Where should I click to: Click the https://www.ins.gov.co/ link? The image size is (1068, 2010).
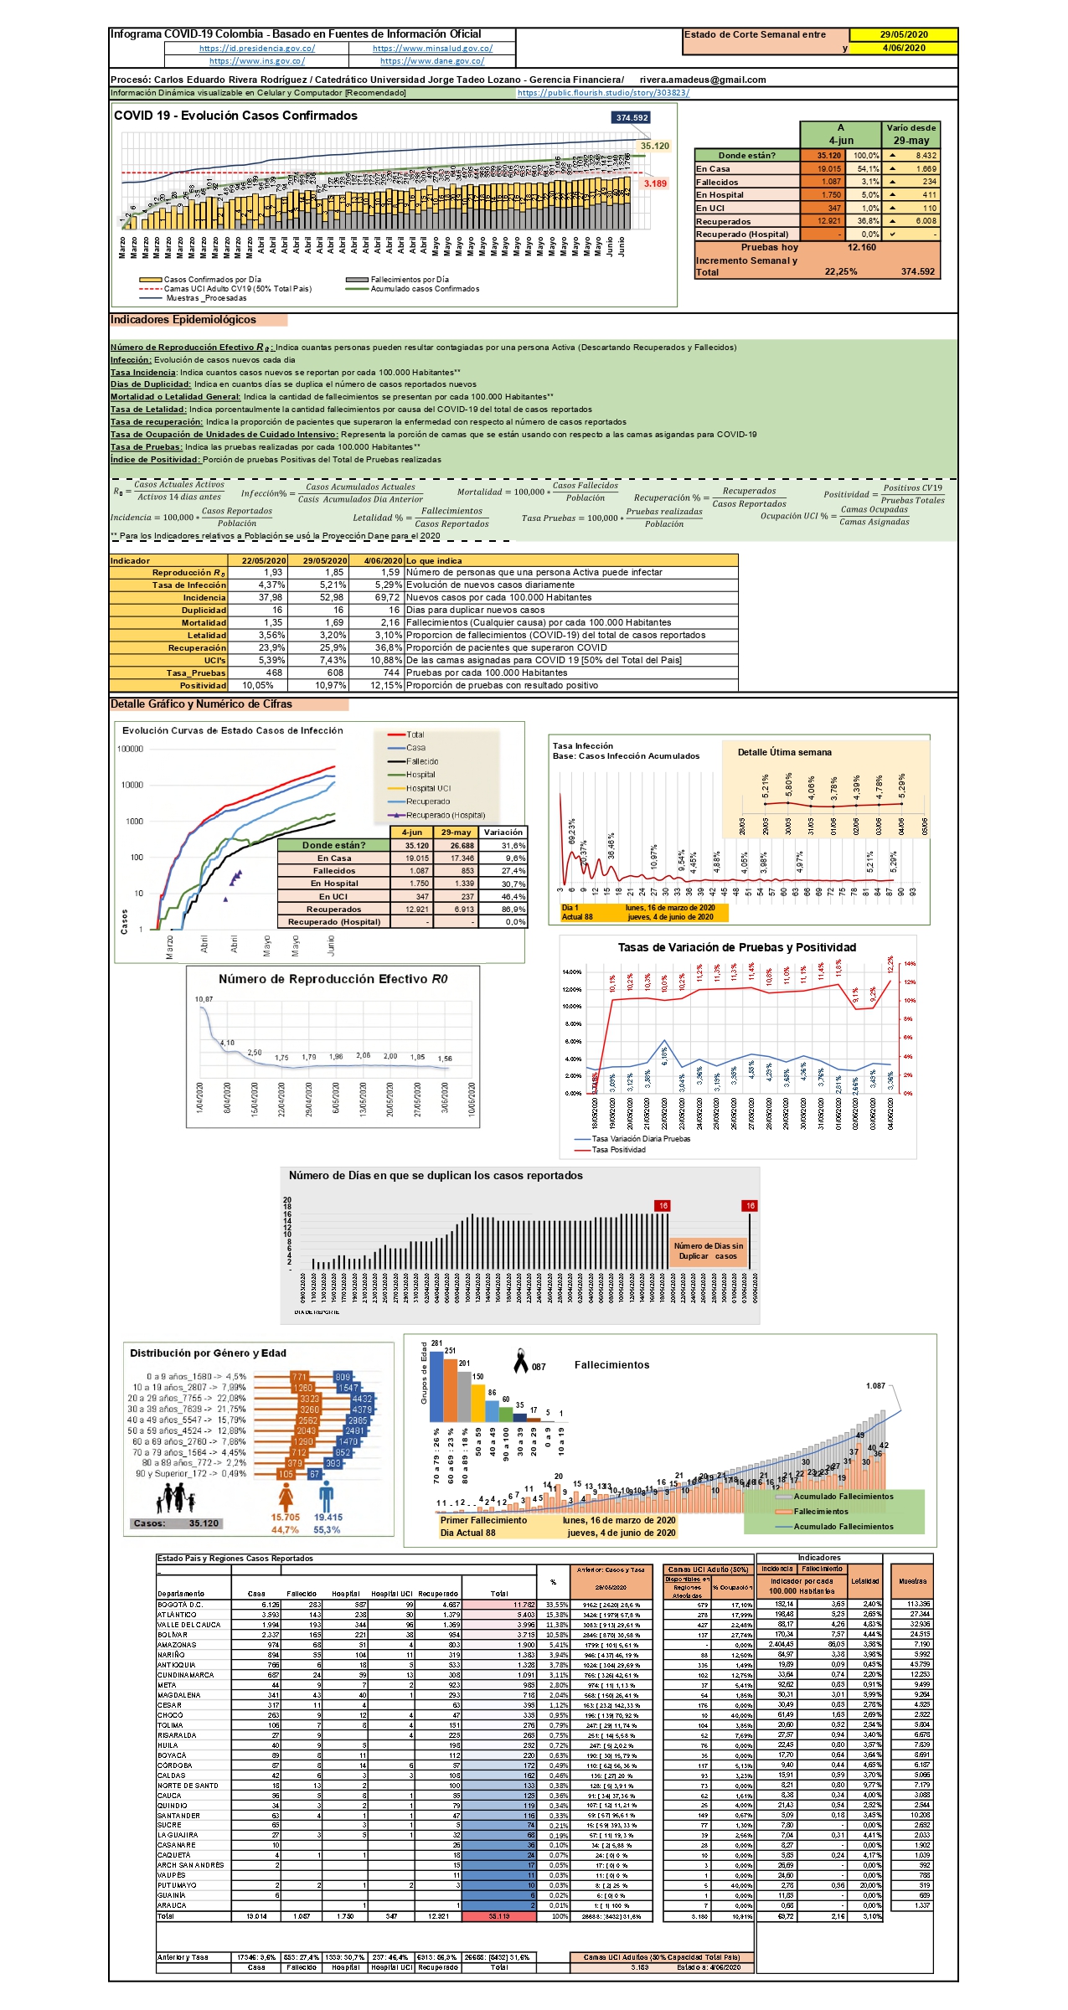click(x=256, y=61)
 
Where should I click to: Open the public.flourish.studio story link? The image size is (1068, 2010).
click(x=603, y=93)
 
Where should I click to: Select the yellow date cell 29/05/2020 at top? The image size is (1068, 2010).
click(x=903, y=35)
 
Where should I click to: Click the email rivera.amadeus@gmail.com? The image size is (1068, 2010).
click(x=702, y=80)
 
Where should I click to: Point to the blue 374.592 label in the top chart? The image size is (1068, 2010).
click(x=632, y=117)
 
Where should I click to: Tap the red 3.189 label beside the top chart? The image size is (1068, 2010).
click(x=655, y=183)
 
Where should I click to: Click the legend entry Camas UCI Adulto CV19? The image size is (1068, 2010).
click(x=237, y=289)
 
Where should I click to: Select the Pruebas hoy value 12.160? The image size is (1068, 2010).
click(x=862, y=247)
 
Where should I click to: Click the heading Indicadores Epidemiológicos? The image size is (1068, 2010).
click(x=183, y=320)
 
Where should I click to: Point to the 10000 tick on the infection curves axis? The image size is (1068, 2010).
click(x=132, y=785)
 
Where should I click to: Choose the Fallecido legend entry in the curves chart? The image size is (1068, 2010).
click(x=422, y=761)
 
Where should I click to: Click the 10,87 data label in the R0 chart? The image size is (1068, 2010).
click(x=204, y=999)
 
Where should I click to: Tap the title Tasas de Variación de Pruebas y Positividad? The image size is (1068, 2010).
click(x=736, y=947)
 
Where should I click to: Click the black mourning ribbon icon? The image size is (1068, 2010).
click(x=521, y=1360)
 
